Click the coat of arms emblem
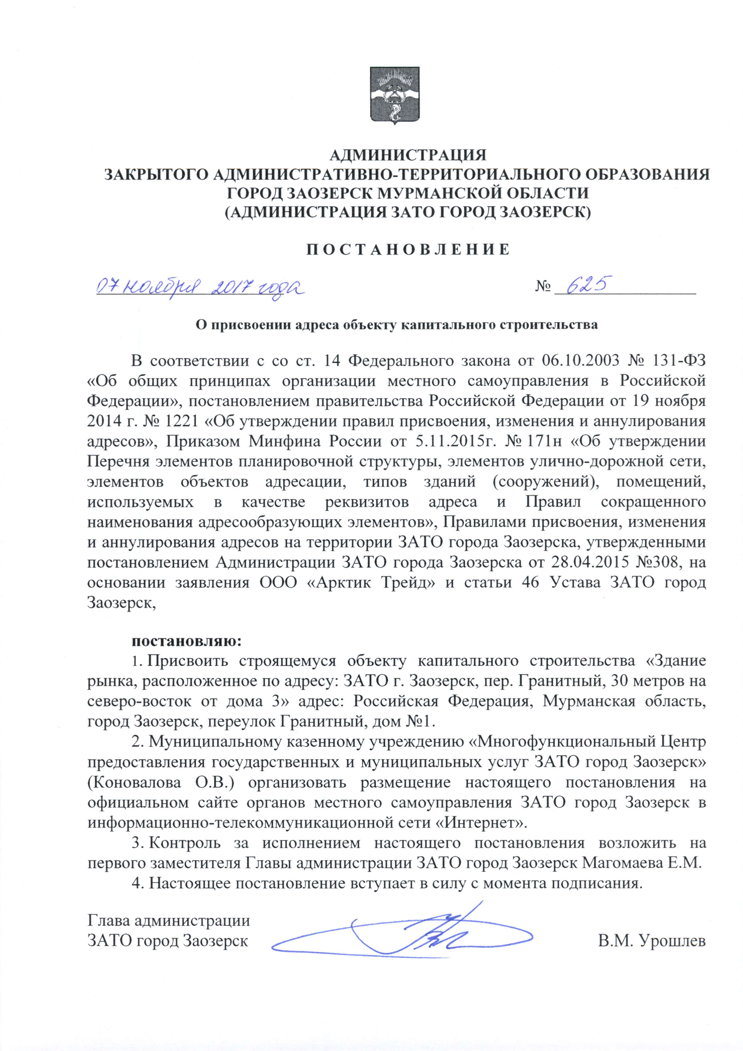coord(395,96)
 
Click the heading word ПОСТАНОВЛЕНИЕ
coord(407,249)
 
